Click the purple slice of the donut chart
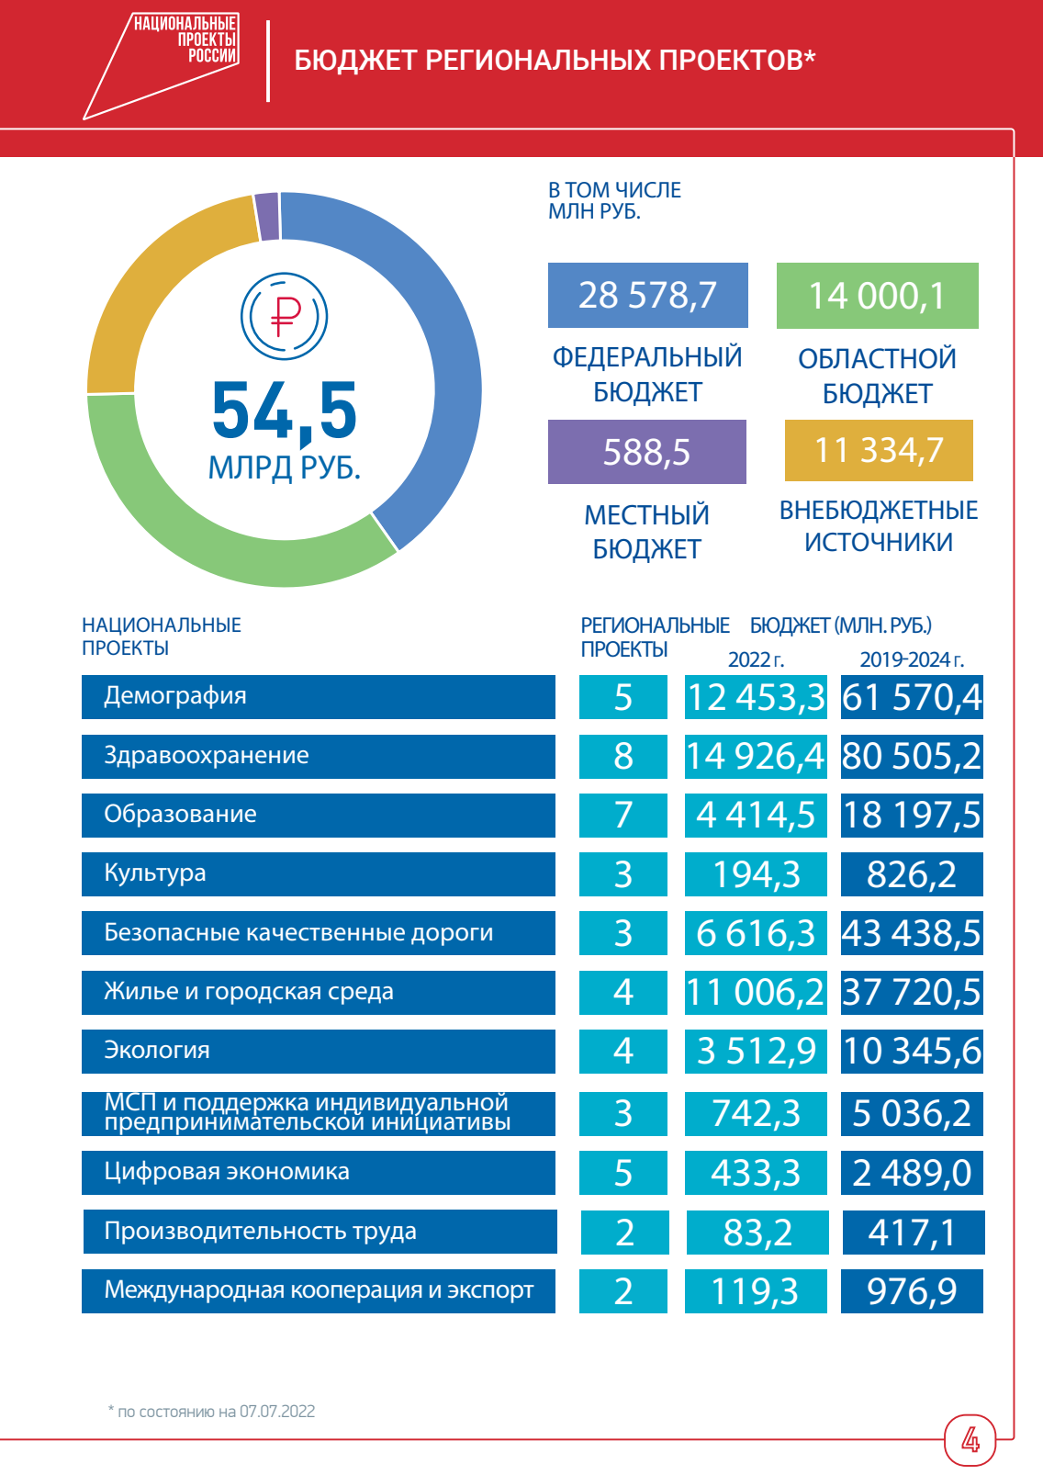[x=267, y=217]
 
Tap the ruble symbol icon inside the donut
[x=285, y=316]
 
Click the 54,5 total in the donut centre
[x=285, y=411]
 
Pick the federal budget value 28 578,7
[x=647, y=295]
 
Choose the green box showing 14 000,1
[x=877, y=296]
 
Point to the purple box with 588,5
[x=646, y=452]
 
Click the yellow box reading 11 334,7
[x=879, y=450]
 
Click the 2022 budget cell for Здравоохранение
[x=755, y=756]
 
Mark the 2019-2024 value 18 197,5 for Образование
[x=912, y=815]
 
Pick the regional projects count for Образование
[x=622, y=815]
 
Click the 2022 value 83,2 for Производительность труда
[x=757, y=1233]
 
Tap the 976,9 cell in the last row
[x=912, y=1291]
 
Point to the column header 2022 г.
[x=756, y=659]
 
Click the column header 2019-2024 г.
[x=911, y=659]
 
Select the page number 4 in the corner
[x=970, y=1439]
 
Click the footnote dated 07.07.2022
[x=212, y=1412]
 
